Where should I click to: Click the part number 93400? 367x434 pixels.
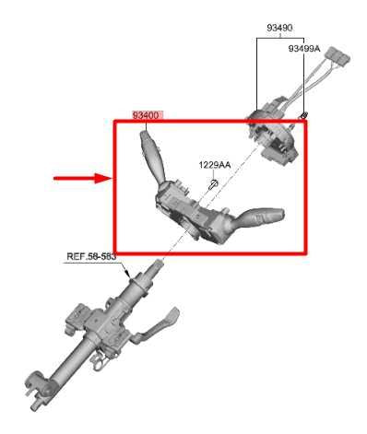coord(147,115)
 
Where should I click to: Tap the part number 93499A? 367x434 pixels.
coord(303,48)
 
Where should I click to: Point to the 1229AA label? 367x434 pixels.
coord(214,166)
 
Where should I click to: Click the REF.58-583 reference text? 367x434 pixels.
coord(90,257)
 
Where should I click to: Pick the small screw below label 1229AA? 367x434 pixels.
coord(213,183)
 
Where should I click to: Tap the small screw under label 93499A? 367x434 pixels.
coord(302,113)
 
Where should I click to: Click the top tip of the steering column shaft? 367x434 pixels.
coord(159,265)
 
